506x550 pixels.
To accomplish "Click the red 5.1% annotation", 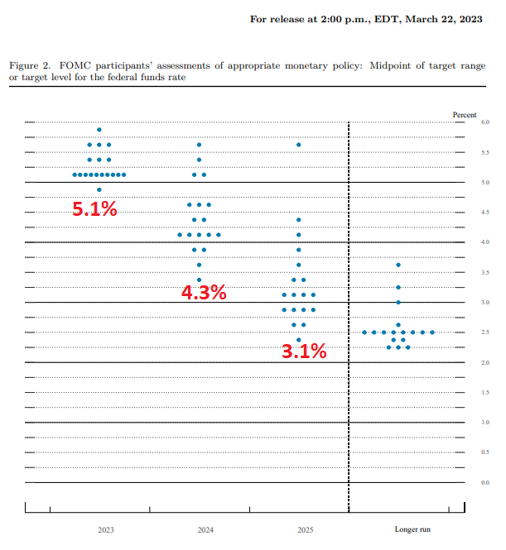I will pos(94,209).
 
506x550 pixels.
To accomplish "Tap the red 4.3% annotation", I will pos(204,292).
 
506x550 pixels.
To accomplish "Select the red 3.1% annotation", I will pos(304,352).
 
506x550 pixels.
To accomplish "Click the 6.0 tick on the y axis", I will pos(484,122).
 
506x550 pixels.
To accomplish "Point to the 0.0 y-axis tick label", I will pos(484,482).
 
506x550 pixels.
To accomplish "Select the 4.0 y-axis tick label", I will pos(484,242).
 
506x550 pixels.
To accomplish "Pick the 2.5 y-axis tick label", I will pos(484,332).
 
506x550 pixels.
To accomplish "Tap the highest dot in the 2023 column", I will pos(99,130).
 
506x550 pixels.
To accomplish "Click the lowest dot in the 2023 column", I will pos(99,189).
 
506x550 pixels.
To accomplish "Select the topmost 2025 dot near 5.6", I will pos(298,145).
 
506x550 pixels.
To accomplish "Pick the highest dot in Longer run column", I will pos(398,265).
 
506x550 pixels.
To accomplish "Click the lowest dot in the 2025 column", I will pos(298,340).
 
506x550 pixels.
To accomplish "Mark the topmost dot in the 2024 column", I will pos(199,145).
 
